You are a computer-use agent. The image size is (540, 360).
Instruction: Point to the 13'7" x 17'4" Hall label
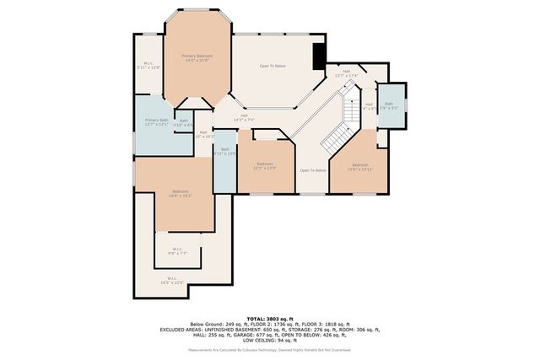pyautogui.click(x=346, y=73)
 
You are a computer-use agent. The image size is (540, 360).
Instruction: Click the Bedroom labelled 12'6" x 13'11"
pyautogui.click(x=360, y=166)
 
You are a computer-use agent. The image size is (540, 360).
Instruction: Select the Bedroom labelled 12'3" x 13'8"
pyautogui.click(x=265, y=165)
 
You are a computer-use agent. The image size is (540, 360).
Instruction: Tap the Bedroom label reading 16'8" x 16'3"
pyautogui.click(x=181, y=193)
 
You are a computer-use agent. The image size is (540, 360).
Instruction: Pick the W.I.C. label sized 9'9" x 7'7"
pyautogui.click(x=177, y=250)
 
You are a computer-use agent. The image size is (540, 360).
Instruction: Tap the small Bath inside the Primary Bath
pyautogui.click(x=184, y=122)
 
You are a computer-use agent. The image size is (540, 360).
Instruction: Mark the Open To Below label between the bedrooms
pyautogui.click(x=312, y=170)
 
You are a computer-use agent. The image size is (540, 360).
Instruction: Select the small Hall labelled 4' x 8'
pyautogui.click(x=369, y=106)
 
